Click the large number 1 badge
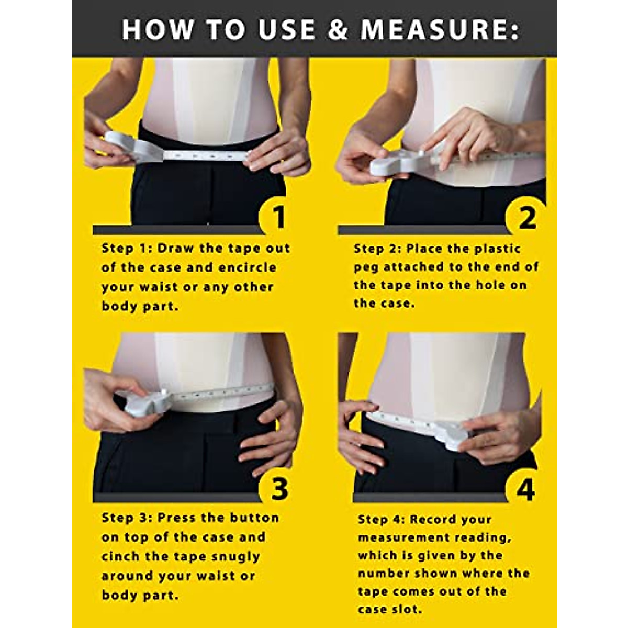pyautogui.click(x=279, y=217)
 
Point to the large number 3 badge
pyautogui.click(x=279, y=488)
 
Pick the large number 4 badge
pyautogui.click(x=525, y=489)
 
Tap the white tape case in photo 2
pyautogui.click(x=398, y=162)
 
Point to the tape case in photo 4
pyautogui.click(x=450, y=434)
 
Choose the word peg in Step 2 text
pyautogui.click(x=366, y=267)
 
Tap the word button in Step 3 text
pyautogui.click(x=256, y=518)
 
